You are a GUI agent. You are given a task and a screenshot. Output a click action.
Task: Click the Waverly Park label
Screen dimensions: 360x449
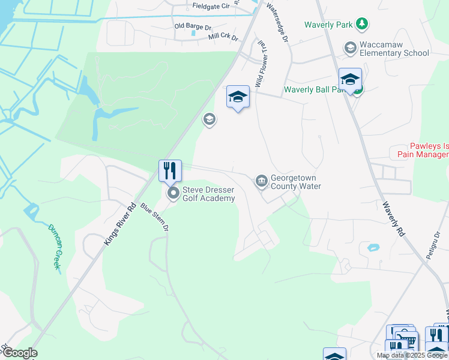[328, 25]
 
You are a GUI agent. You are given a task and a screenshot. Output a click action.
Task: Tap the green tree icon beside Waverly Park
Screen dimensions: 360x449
[361, 24]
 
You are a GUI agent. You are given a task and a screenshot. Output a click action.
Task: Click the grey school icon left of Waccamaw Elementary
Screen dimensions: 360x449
[350, 47]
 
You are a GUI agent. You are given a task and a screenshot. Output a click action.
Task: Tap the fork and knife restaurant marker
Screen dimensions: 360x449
[170, 170]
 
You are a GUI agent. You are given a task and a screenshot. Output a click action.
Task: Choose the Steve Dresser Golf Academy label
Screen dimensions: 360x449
[208, 194]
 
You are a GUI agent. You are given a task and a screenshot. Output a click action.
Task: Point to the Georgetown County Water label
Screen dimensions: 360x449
[295, 182]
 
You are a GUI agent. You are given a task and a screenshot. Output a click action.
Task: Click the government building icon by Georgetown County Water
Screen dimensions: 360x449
[261, 181]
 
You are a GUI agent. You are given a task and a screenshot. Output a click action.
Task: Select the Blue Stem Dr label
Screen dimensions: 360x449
[155, 217]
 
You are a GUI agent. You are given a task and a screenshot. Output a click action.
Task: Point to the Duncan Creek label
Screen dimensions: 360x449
[55, 247]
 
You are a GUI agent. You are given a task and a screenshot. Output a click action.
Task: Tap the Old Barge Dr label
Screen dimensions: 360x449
[193, 26]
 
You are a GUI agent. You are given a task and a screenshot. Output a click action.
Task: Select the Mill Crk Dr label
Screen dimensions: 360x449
[223, 37]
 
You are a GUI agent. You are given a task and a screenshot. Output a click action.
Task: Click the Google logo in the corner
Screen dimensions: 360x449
[19, 353]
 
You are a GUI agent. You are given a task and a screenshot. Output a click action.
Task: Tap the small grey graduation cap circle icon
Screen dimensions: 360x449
[209, 119]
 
